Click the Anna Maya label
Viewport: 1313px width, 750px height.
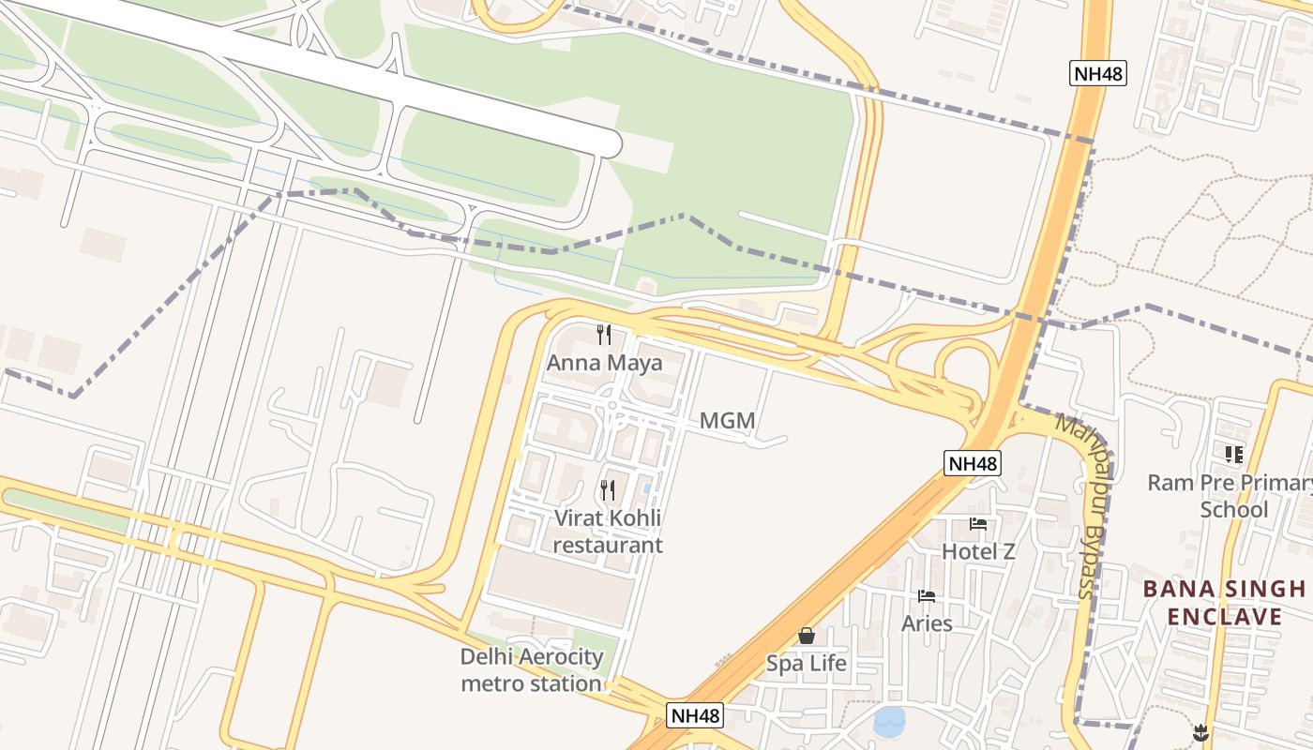(x=604, y=363)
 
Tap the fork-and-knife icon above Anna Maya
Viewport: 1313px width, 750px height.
(x=605, y=334)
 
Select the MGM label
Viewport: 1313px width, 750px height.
(x=727, y=421)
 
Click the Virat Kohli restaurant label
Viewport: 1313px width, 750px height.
(x=608, y=532)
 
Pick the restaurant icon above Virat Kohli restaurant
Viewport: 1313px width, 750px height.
(x=608, y=489)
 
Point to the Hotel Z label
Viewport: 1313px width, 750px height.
(x=978, y=551)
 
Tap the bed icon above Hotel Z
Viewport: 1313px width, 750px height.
(x=978, y=524)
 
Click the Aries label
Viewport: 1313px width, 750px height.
(x=927, y=623)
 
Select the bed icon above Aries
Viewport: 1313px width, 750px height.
(x=927, y=596)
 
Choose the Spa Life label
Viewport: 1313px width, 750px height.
(x=807, y=664)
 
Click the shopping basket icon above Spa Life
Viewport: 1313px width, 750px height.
(x=807, y=637)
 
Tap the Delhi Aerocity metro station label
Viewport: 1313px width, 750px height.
(x=531, y=670)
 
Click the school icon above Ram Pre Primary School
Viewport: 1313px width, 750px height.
(x=1233, y=455)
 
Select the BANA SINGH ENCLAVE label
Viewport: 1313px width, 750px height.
(x=1224, y=603)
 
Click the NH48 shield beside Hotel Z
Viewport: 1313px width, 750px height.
(x=973, y=463)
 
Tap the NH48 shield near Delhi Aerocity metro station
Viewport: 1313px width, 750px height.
(x=696, y=715)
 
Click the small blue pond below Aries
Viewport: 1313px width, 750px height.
(x=889, y=722)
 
